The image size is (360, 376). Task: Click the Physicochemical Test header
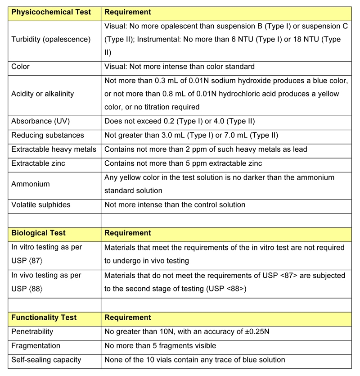pyautogui.click(x=50, y=12)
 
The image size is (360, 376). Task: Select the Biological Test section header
pyautogui.click(x=38, y=233)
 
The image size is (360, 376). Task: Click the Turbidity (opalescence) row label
pyautogui.click(x=51, y=39)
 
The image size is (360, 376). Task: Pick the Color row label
pyautogui.click(x=20, y=67)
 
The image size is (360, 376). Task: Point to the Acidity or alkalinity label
pyautogui.click(x=43, y=94)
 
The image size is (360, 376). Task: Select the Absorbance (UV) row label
pyautogui.click(x=40, y=122)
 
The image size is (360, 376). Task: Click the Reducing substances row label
pyautogui.click(x=48, y=135)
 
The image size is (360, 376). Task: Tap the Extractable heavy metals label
pyautogui.click(x=54, y=149)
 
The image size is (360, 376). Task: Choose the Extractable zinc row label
pyautogui.click(x=38, y=163)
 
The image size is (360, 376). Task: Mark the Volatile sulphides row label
pyautogui.click(x=41, y=204)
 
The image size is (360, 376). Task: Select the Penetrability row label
pyautogui.click(x=32, y=331)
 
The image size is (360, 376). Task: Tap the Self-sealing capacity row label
pyautogui.click(x=46, y=360)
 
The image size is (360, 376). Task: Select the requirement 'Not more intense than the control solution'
pyautogui.click(x=175, y=204)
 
